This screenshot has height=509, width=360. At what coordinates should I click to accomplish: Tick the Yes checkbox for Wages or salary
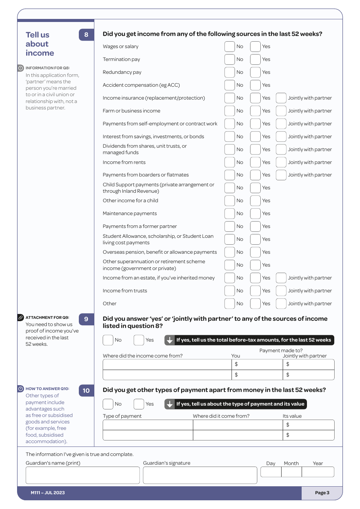[255, 47]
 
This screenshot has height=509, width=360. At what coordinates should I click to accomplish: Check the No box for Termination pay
[229, 59]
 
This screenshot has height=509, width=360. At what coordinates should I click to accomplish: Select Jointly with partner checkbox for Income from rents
[281, 162]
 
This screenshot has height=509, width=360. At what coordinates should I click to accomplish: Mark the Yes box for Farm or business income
[255, 111]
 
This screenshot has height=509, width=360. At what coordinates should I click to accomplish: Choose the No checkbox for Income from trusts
[229, 291]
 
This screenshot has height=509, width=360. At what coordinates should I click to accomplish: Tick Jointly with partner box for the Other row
[281, 304]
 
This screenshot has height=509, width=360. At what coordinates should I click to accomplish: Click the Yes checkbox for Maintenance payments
[255, 214]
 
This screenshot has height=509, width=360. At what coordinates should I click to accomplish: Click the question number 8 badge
[86, 35]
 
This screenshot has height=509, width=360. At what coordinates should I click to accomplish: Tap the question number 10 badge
[86, 390]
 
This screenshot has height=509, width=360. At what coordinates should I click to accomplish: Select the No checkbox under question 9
[108, 340]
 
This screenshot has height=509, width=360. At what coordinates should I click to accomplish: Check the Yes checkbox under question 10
[139, 404]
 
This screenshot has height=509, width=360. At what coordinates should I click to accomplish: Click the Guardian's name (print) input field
[83, 475]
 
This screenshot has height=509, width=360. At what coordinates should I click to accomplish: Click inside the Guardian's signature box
[200, 475]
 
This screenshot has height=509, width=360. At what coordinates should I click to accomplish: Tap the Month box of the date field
[291, 472]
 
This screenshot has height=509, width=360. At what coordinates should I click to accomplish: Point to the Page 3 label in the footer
[322, 493]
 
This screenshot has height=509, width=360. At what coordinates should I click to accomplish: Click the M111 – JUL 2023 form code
[48, 493]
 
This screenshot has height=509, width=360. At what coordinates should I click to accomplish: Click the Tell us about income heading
[39, 44]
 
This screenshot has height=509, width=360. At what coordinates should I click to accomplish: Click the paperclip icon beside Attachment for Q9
[21, 317]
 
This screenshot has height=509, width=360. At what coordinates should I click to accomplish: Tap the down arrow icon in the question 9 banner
[169, 340]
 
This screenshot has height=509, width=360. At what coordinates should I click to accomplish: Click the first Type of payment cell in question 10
[148, 425]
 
